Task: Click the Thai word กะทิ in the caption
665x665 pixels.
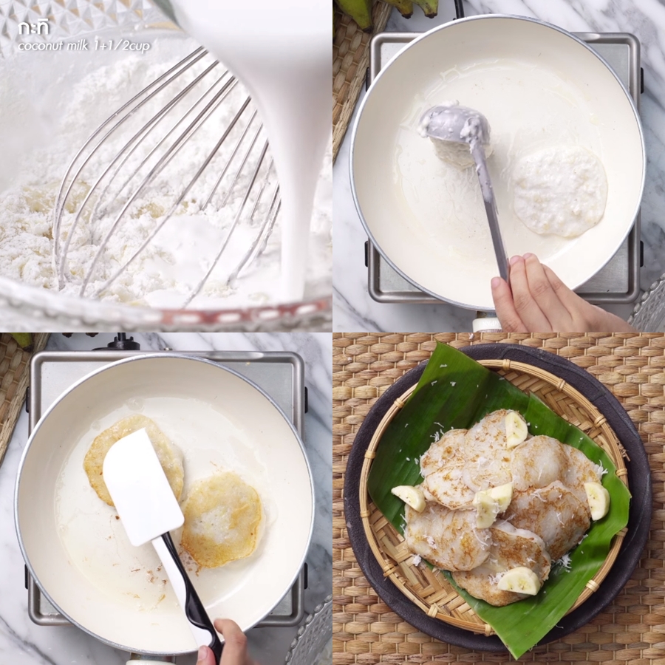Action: (33, 28)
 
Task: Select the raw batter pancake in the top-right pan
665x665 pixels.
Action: (560, 190)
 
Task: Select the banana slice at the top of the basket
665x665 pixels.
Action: (516, 429)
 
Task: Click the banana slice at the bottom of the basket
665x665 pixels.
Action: (519, 581)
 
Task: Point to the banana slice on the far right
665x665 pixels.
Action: (597, 500)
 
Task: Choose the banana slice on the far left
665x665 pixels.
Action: (409, 497)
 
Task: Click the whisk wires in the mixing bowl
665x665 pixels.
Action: (166, 178)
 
